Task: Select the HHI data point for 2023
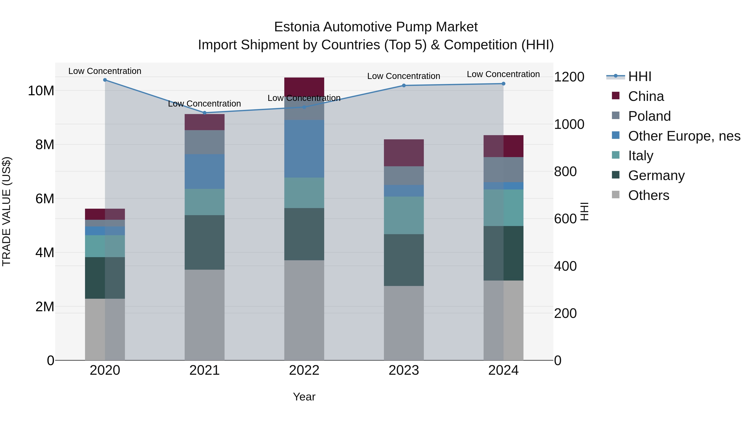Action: pos(404,85)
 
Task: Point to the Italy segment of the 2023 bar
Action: pos(404,215)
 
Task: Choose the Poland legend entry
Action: pos(649,116)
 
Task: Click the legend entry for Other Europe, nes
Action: pos(684,136)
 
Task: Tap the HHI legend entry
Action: pos(639,76)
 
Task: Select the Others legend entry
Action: pos(648,195)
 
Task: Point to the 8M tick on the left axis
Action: pos(45,145)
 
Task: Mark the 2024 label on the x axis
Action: pos(503,370)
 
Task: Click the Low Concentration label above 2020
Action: pos(105,71)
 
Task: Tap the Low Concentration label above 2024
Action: pos(503,74)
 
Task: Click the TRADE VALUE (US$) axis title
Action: pos(6,211)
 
